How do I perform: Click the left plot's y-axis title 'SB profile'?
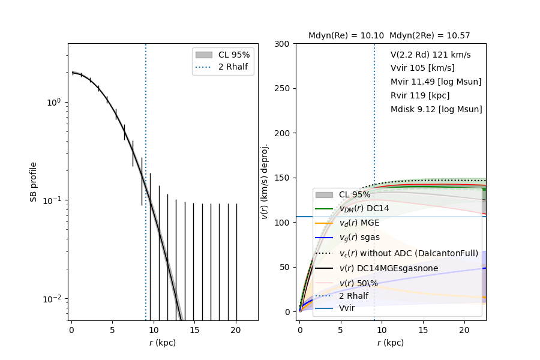coord(34,181)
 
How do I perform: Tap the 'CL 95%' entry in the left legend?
coord(234,55)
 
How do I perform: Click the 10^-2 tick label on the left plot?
coord(53,299)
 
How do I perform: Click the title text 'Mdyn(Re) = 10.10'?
coord(346,36)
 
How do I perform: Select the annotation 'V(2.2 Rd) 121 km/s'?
coord(430,55)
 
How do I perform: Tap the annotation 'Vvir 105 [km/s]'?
coord(422,68)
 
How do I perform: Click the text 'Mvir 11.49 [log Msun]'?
coord(436,82)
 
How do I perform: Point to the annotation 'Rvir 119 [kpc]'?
coord(420,95)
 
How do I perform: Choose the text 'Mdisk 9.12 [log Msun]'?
coord(436,109)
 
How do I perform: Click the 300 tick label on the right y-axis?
coord(282,44)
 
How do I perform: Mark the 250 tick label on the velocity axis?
coord(282,89)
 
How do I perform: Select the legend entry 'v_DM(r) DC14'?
coord(364,209)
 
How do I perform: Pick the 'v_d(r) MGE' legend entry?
coord(359,223)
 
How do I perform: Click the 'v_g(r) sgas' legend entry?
coord(359,238)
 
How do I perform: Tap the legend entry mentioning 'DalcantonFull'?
coord(409,253)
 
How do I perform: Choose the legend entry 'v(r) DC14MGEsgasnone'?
coord(388,268)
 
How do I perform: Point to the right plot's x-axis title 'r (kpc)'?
coord(390,343)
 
